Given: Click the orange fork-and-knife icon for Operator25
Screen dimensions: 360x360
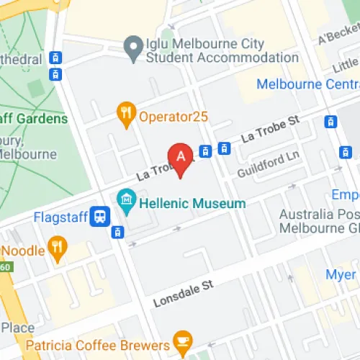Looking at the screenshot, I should coord(127,113).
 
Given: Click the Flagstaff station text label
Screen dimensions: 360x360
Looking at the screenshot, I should coord(60,216).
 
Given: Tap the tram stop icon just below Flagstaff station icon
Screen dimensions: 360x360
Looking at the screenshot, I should coord(117,232).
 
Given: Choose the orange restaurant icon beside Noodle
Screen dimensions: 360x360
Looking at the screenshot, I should coord(58,250).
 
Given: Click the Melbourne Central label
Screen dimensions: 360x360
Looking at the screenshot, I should coord(310,83).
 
